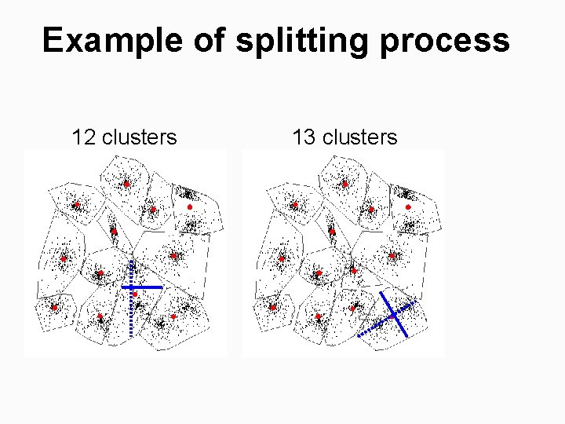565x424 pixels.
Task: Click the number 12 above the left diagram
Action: coord(84,137)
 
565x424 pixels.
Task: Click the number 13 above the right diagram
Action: coord(304,137)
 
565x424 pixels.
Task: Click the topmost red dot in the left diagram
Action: coord(126,185)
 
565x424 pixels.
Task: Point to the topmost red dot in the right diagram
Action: coord(344,185)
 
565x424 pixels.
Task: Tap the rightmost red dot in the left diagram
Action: coord(189,207)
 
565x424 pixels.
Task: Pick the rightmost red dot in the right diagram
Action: coord(407,207)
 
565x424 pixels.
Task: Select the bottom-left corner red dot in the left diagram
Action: coord(54,308)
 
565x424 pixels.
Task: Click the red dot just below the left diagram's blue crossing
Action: coord(135,294)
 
